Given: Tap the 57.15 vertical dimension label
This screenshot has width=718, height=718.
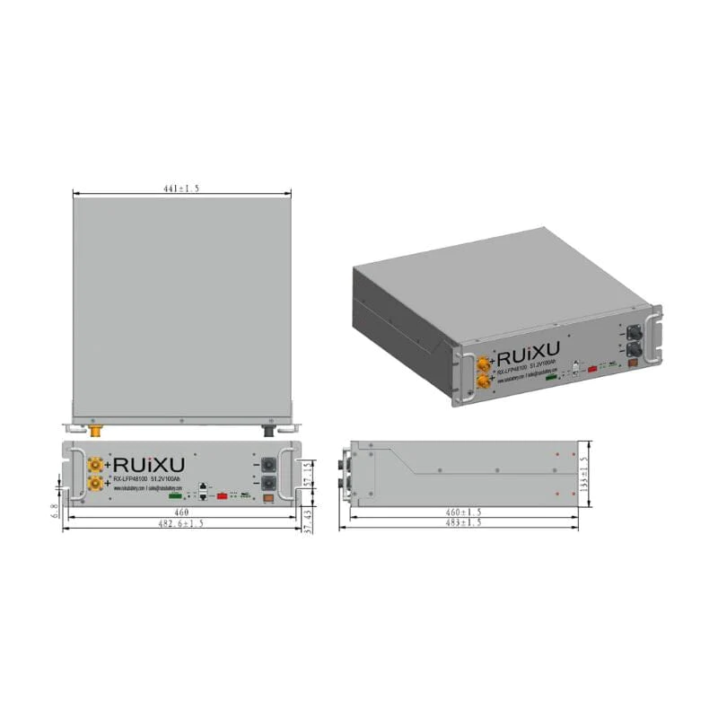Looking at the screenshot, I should click(x=308, y=472).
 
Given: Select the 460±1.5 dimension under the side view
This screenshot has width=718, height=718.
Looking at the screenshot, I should click(x=464, y=512).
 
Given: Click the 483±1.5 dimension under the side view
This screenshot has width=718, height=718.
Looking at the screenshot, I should click(x=464, y=522).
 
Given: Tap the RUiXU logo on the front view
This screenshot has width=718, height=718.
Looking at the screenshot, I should click(x=149, y=465).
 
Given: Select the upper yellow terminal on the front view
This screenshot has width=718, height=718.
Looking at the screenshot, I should click(x=93, y=465).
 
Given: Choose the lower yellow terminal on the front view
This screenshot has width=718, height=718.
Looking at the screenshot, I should click(x=93, y=486).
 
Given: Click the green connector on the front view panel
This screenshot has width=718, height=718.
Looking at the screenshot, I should click(x=176, y=495).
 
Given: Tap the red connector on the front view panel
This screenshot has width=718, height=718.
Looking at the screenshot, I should click(x=220, y=495).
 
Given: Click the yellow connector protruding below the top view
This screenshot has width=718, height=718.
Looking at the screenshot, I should click(x=94, y=430).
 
